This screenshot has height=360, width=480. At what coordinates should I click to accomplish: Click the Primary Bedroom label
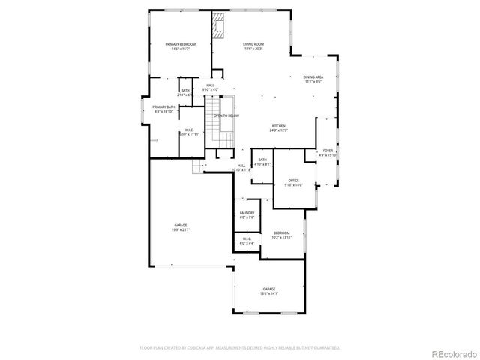pyautogui.click(x=180, y=46)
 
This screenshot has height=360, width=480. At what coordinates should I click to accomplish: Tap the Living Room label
pyautogui.click(x=253, y=46)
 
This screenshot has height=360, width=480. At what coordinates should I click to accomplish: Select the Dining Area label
pyautogui.click(x=313, y=79)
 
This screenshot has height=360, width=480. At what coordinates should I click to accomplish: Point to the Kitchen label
pyautogui.click(x=280, y=128)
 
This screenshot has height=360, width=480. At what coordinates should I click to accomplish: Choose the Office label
pyautogui.click(x=294, y=182)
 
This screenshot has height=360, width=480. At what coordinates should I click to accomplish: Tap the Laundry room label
pyautogui.click(x=247, y=214)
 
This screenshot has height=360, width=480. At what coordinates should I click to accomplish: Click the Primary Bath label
pyautogui.click(x=163, y=109)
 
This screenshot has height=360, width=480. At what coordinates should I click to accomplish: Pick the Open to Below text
pyautogui.click(x=226, y=116)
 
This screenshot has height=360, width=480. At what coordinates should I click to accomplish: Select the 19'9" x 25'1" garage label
pyautogui.click(x=181, y=228)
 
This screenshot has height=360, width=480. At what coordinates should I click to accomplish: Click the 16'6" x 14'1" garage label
pyautogui.click(x=269, y=291)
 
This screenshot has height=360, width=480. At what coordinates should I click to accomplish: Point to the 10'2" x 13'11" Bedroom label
pyautogui.click(x=281, y=235)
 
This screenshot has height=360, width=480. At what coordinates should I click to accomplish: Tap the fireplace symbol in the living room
pyautogui.click(x=219, y=25)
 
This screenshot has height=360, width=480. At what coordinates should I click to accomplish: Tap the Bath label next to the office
pyautogui.click(x=263, y=161)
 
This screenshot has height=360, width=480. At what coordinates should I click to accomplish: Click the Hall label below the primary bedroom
pyautogui.click(x=211, y=87)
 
